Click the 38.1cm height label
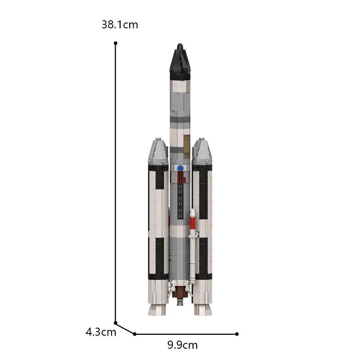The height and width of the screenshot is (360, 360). pos(120,25)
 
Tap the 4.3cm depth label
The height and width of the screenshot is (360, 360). pos(101,333)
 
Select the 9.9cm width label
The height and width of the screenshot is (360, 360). pos(182,345)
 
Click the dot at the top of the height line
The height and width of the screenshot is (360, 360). pos(116,43)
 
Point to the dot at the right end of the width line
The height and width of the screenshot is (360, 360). pos(237,334)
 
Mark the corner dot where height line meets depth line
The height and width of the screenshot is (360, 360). pos(116,323)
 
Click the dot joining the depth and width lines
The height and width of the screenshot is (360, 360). pos(135,334)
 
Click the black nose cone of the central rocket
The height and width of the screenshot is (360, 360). pos(180,63)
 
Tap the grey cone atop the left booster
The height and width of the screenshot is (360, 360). pos(158,151)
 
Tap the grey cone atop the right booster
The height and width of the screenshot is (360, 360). pos(202,151)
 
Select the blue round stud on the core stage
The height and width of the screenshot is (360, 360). pos(180,168)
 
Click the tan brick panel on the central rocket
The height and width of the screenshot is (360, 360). pos(186,143)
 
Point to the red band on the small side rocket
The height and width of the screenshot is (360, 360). pos(193,223)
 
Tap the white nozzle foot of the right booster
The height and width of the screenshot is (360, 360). pos(203,310)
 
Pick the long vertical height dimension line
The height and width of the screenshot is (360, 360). pos(116,180)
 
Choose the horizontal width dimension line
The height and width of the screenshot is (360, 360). pos(186,334)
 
